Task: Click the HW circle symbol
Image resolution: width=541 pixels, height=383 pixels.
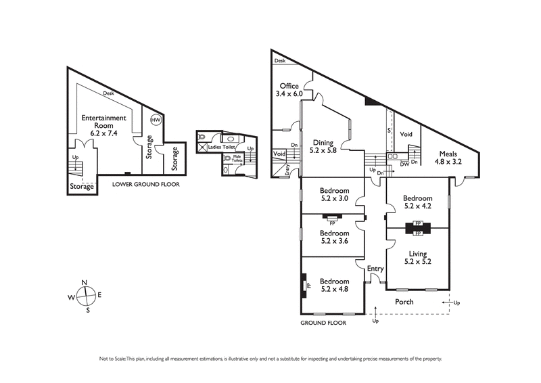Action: pyautogui.click(x=155, y=120)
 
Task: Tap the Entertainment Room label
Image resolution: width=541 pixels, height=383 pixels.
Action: pyautogui.click(x=103, y=125)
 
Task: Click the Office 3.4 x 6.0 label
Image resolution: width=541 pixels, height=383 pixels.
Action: pyautogui.click(x=289, y=90)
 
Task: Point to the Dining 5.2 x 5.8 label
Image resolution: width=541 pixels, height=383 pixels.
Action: pyautogui.click(x=322, y=146)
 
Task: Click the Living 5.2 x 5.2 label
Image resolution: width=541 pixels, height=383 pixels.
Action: pyautogui.click(x=417, y=257)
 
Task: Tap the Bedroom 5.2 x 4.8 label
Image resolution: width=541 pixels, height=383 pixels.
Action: pyautogui.click(x=335, y=285)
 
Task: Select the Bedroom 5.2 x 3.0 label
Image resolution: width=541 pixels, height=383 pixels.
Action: pyautogui.click(x=335, y=195)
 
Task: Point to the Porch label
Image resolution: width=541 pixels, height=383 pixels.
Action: pyautogui.click(x=404, y=302)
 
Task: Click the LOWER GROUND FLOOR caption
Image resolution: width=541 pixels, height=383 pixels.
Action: pyautogui.click(x=145, y=183)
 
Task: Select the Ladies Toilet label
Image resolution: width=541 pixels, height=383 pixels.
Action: pyautogui.click(x=221, y=147)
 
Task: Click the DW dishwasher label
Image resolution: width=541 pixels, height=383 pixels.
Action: pyautogui.click(x=403, y=163)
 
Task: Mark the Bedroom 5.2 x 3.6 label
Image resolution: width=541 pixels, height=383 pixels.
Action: pyautogui.click(x=335, y=236)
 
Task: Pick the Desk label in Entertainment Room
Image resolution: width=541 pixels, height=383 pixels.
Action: pyautogui.click(x=108, y=94)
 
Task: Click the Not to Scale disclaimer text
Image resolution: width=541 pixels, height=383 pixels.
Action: pyautogui.click(x=270, y=359)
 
